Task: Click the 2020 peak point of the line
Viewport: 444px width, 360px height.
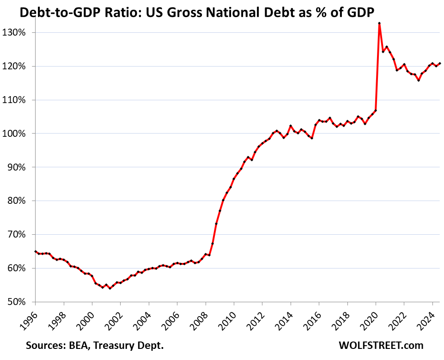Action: coord(379,23)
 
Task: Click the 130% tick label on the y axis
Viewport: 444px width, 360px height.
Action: coord(19,33)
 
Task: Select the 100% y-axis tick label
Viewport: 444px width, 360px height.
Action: coord(19,134)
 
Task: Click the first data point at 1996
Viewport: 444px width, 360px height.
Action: coord(36,251)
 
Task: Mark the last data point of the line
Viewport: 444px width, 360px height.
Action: coord(439,63)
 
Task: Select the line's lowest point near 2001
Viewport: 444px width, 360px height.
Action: coord(110,288)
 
